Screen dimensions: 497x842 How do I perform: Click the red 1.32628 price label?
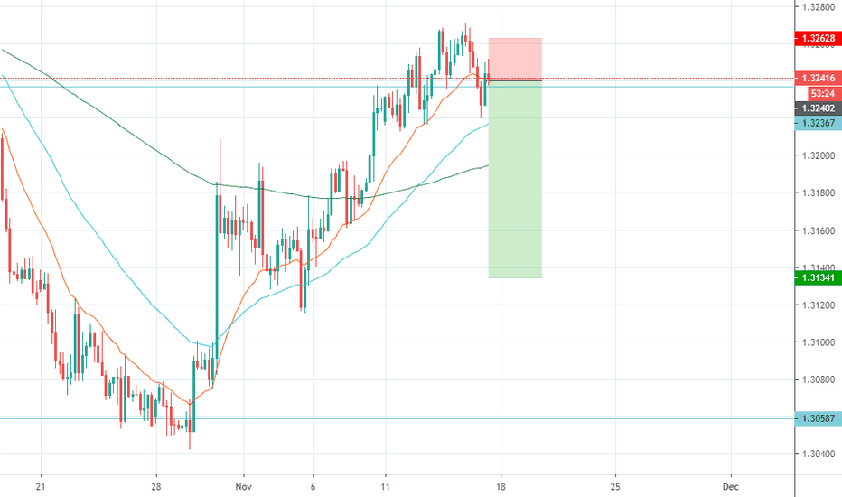pos(816,39)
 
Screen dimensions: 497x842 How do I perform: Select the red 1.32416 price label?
pos(816,79)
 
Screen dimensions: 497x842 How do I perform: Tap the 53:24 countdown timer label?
pos(816,93)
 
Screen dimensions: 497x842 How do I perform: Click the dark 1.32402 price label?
pos(816,108)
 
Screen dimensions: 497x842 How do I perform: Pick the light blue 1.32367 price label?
pos(816,122)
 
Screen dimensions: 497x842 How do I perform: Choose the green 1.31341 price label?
pos(816,278)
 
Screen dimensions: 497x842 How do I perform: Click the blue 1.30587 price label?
pos(816,418)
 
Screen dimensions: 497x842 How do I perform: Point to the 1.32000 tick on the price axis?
pos(818,155)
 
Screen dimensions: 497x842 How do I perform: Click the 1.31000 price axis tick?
pos(818,342)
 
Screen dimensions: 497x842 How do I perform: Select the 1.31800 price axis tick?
pos(818,192)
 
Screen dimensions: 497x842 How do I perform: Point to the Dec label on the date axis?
pos(731,486)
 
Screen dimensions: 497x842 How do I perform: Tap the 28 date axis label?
pos(156,486)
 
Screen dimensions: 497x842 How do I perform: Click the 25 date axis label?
pos(615,486)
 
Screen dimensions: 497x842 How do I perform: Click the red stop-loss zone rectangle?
pos(515,59)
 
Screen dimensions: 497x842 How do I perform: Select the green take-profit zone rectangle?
pos(515,181)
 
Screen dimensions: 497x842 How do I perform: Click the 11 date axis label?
pos(385,486)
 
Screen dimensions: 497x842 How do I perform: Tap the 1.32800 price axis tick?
pos(818,6)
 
